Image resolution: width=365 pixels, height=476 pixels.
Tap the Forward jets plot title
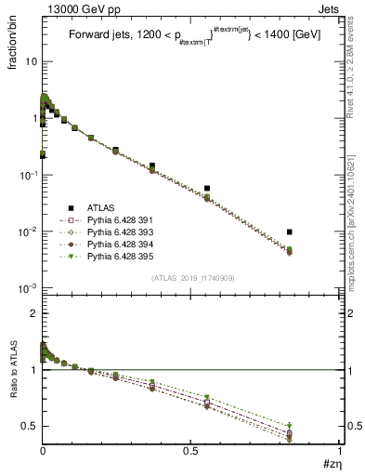[183, 36]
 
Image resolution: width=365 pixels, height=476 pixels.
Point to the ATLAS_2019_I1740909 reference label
[191, 279]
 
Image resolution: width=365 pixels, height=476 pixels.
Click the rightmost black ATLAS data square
[291, 231]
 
